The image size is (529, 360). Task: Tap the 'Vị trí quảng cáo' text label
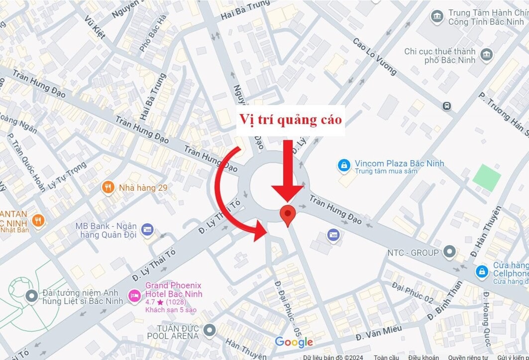291,120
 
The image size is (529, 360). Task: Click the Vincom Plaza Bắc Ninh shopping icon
343,166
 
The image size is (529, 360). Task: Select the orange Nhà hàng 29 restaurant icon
108,187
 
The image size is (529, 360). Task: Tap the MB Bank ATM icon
147,230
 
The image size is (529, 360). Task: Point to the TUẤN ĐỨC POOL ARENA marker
210,330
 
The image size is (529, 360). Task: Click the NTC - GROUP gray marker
450,251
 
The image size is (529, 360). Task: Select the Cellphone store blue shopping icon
482,272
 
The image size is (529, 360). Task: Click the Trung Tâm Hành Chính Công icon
437,16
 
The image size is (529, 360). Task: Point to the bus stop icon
446,106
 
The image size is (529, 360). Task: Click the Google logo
294,342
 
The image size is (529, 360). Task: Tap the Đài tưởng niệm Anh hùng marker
32,296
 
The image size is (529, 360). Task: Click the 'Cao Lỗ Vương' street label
375,56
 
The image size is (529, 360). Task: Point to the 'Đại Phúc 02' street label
413,292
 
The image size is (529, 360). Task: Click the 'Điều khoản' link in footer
423,357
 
